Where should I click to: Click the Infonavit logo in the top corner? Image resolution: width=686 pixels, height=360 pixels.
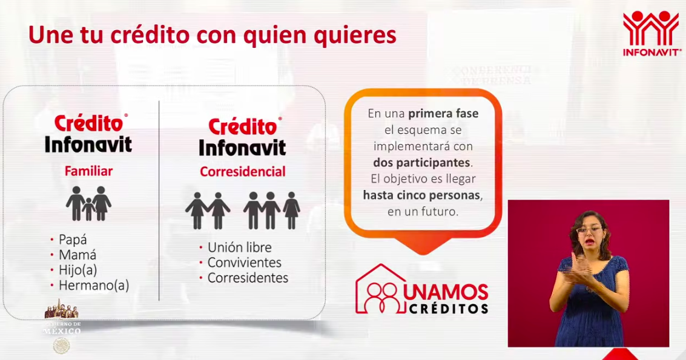pyautogui.click(x=651, y=33)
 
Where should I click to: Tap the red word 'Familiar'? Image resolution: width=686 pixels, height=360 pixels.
pyautogui.click(x=88, y=171)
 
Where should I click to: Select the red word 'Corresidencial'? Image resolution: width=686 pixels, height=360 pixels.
pyautogui.click(x=243, y=172)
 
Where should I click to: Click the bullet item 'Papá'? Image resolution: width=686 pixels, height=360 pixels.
pyautogui.click(x=73, y=240)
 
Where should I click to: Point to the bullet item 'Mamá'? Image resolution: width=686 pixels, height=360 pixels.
pyautogui.click(x=77, y=255)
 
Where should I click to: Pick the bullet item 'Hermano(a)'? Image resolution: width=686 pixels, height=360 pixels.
pyautogui.click(x=94, y=285)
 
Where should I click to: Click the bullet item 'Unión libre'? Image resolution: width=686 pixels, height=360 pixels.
pyautogui.click(x=239, y=247)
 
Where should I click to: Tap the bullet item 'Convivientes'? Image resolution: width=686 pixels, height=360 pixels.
pyautogui.click(x=244, y=263)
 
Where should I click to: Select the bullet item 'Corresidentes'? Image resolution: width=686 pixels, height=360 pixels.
pyautogui.click(x=248, y=278)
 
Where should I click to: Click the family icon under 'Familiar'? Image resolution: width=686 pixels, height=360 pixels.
pyautogui.click(x=88, y=203)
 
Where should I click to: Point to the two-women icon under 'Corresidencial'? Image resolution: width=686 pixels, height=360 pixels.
pyautogui.click(x=208, y=211)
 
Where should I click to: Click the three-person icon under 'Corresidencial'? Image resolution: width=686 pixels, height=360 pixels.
pyautogui.click(x=271, y=211)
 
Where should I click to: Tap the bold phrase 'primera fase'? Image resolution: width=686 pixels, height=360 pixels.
pyautogui.click(x=443, y=113)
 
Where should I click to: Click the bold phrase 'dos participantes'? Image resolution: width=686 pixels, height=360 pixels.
pyautogui.click(x=422, y=163)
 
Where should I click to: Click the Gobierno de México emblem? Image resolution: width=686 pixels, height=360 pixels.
pyautogui.click(x=61, y=345)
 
